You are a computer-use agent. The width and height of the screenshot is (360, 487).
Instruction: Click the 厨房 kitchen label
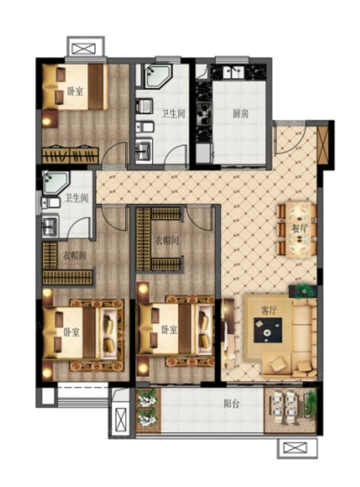coord(241,114)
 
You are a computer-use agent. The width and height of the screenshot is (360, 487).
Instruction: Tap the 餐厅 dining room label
coord(299,229)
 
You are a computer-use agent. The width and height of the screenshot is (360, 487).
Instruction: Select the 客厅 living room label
coord(268,310)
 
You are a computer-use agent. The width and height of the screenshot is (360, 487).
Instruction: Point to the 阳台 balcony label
coord(231,404)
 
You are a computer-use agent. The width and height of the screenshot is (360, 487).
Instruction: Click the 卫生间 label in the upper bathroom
coord(173,114)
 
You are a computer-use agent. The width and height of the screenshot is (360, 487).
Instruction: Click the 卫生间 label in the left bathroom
coord(76,198)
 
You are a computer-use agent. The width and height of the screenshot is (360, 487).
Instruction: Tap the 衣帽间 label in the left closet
coord(75,255)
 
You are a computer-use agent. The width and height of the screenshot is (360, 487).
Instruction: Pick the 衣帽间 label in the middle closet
coord(167,240)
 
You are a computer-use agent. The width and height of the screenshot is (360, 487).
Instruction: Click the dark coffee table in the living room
coord(268,330)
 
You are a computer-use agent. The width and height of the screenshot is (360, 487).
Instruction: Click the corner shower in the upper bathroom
coord(157,76)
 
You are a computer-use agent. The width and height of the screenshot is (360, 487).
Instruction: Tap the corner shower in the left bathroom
coord(54,183)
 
